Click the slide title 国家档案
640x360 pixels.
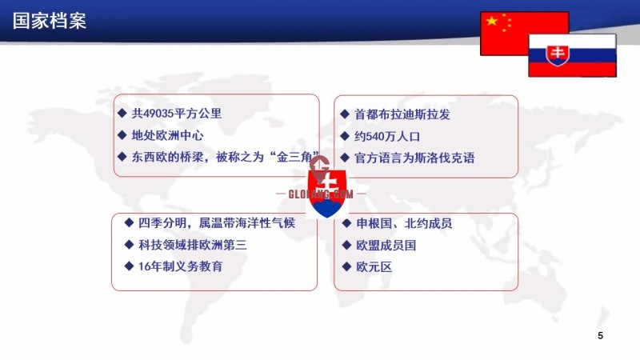(x=50, y=22)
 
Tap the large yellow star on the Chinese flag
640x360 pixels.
(x=492, y=21)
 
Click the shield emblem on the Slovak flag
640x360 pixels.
(x=558, y=55)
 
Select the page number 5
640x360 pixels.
(x=600, y=335)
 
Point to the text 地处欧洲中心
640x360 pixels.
(x=167, y=135)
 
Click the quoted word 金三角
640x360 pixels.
(x=294, y=157)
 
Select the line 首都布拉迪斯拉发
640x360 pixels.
(x=402, y=114)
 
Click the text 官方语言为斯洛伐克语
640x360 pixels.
(x=414, y=158)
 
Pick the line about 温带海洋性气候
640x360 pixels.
(x=216, y=223)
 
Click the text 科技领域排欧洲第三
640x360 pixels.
(x=192, y=245)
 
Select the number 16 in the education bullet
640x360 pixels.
(x=144, y=266)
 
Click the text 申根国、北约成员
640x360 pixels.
(x=404, y=224)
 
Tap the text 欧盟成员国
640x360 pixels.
(x=386, y=246)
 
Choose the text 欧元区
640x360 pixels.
(x=374, y=267)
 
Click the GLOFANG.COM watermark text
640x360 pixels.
(x=321, y=194)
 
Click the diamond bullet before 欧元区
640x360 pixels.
(x=346, y=267)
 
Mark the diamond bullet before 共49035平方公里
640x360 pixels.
(x=122, y=113)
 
